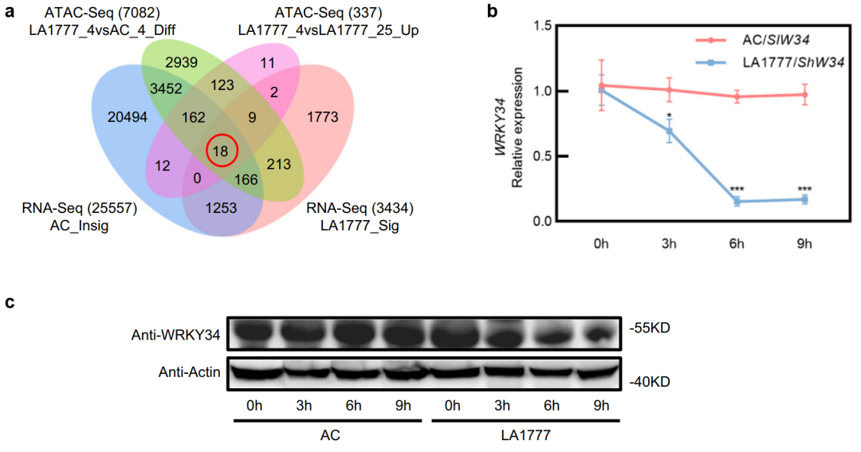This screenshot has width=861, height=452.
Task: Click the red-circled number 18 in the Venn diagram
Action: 221,151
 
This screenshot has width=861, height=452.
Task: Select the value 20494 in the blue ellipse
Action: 128,117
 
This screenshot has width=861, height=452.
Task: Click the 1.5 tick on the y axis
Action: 545,26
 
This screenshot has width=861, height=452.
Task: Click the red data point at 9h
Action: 805,95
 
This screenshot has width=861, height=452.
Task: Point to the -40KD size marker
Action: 651,382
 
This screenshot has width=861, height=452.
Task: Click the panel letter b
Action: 493,12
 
